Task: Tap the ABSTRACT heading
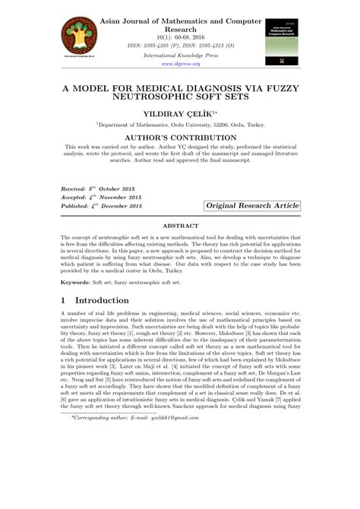click(x=180, y=226)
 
